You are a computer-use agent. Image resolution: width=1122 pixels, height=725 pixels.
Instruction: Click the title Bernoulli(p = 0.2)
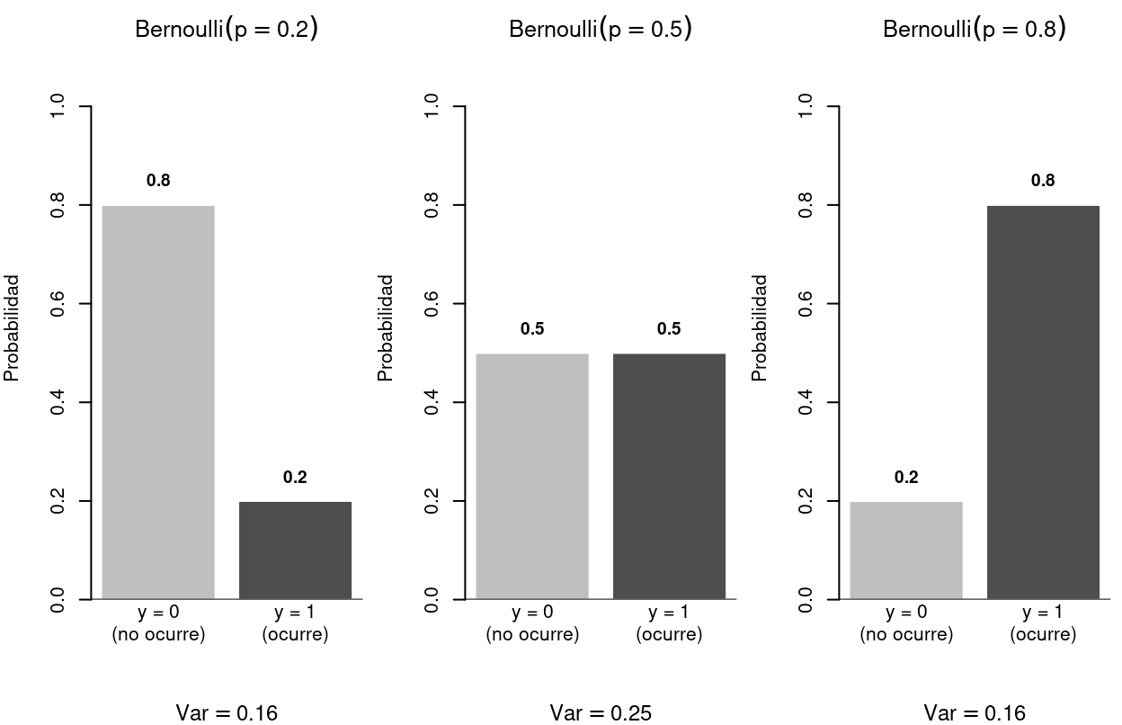pyautogui.click(x=227, y=29)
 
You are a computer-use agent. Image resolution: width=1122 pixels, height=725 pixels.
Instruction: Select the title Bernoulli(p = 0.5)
pyautogui.click(x=601, y=29)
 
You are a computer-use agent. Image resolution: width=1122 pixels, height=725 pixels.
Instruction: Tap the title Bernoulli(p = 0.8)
pyautogui.click(x=975, y=29)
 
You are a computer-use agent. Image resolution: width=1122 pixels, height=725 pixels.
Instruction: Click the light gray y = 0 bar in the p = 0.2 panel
pyautogui.click(x=158, y=402)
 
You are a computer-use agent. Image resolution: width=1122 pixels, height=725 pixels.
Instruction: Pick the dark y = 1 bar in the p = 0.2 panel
pyautogui.click(x=295, y=550)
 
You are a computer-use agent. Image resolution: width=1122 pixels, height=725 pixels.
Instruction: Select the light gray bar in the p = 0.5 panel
pyautogui.click(x=532, y=476)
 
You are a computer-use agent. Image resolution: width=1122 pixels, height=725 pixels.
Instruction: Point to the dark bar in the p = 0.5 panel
pyautogui.click(x=669, y=476)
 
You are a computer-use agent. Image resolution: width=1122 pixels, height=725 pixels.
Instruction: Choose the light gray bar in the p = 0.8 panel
pyautogui.click(x=906, y=550)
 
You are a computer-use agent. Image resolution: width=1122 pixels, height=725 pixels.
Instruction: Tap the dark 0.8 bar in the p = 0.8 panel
pyautogui.click(x=1043, y=402)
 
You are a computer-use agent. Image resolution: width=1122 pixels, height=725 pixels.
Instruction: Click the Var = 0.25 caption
pyautogui.click(x=601, y=713)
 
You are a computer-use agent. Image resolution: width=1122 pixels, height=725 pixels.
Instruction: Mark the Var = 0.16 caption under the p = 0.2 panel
pyautogui.click(x=227, y=713)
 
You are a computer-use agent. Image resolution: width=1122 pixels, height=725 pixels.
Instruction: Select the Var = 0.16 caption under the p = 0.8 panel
pyautogui.click(x=975, y=713)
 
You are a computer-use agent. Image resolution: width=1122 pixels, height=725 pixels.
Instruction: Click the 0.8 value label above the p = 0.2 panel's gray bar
pyautogui.click(x=158, y=181)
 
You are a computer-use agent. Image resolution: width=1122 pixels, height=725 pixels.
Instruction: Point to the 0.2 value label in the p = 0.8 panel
pyautogui.click(x=906, y=478)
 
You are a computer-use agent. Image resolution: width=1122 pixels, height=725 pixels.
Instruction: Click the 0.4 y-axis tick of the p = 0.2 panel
pyautogui.click(x=58, y=402)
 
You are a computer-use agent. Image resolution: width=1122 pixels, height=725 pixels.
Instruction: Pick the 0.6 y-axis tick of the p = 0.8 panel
pyautogui.click(x=806, y=304)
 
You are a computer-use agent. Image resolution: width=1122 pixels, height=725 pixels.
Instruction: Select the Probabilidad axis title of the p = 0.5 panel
pyautogui.click(x=386, y=328)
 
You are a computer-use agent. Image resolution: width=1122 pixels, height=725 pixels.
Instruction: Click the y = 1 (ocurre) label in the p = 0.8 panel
pyautogui.click(x=1043, y=623)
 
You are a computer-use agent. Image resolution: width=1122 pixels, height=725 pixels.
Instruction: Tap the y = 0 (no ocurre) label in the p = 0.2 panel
pyautogui.click(x=158, y=623)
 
